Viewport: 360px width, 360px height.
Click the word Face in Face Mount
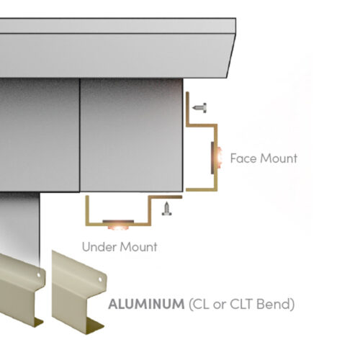(243, 158)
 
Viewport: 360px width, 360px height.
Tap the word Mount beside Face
(279, 158)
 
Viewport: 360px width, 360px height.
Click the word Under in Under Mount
(99, 247)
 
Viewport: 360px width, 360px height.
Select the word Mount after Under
(139, 247)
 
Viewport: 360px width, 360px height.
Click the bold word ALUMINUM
(146, 304)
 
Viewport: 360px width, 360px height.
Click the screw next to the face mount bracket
(199, 108)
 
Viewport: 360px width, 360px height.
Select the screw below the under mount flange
(166, 209)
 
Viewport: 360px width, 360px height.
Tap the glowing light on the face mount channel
(218, 158)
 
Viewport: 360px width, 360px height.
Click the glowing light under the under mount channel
(118, 226)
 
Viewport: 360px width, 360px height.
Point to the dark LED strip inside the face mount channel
(212, 158)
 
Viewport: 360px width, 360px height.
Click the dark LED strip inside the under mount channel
(118, 221)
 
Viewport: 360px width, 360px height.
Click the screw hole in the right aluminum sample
(100, 279)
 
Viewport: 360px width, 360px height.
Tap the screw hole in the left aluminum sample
(38, 275)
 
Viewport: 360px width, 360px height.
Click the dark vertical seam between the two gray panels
(80, 135)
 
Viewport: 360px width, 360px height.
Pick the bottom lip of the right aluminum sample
(96, 326)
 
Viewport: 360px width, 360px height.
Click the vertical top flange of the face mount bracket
(188, 108)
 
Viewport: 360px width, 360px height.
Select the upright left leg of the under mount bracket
(88, 210)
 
